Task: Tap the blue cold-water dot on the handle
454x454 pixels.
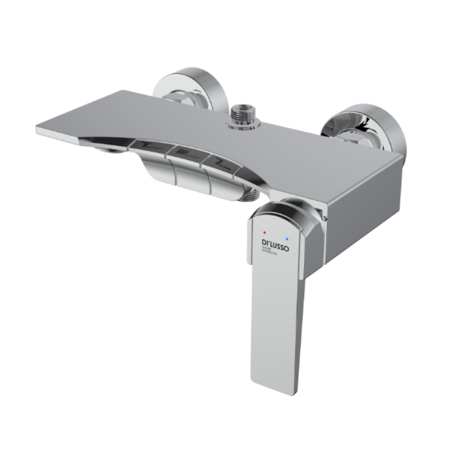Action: pos(288,233)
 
